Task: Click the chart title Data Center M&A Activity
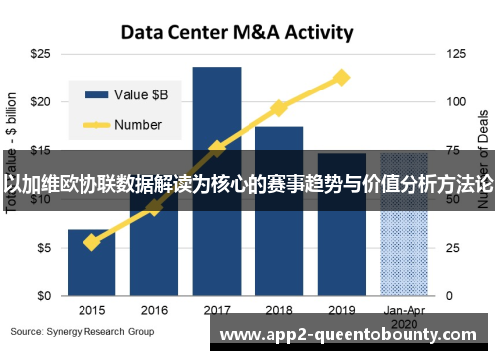[237, 32]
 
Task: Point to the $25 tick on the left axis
[42, 53]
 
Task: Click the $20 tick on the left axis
[42, 101]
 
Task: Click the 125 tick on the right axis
[457, 53]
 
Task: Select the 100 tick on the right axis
[457, 101]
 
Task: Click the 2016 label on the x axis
[154, 310]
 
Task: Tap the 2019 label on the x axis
[341, 310]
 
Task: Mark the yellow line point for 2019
[341, 77]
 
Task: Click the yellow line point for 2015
[91, 242]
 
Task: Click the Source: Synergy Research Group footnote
[83, 330]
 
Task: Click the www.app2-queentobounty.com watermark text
[353, 335]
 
